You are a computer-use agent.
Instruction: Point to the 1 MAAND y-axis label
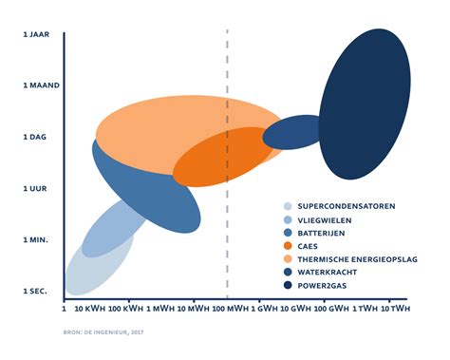click(x=41, y=85)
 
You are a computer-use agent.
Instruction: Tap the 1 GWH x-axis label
click(x=268, y=310)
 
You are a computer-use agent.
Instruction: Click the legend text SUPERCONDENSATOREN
click(x=347, y=206)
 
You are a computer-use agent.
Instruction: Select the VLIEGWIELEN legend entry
click(x=327, y=219)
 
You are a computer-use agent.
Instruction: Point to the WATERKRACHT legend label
click(x=328, y=272)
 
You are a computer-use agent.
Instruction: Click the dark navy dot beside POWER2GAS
click(x=287, y=285)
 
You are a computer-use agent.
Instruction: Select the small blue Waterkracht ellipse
click(x=291, y=132)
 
